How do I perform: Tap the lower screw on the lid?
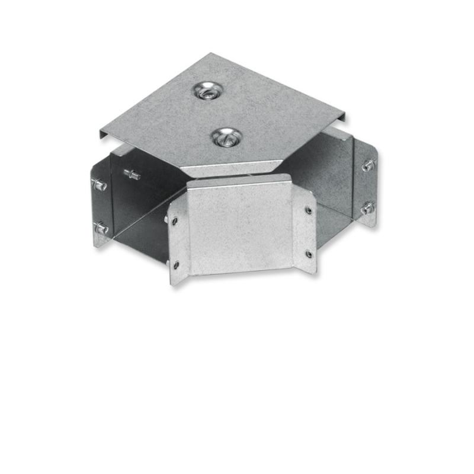[x=225, y=137]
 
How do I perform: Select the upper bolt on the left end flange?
[x=100, y=185]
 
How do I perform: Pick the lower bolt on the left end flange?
[x=101, y=228]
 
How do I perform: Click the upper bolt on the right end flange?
[x=369, y=165]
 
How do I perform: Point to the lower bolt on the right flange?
[x=367, y=208]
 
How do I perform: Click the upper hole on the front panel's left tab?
[x=175, y=223]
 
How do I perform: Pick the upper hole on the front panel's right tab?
[x=308, y=210]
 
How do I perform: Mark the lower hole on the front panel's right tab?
[x=309, y=254]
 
